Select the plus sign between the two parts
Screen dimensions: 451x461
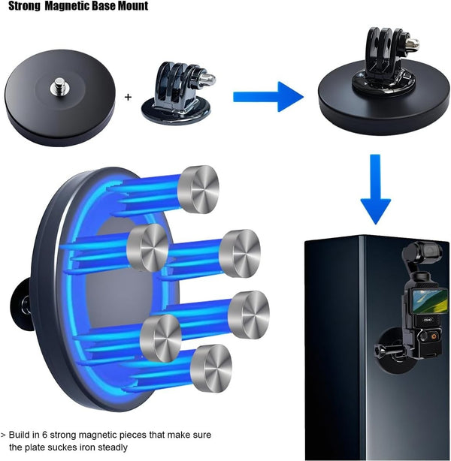coord(128,97)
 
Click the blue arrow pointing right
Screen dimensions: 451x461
coord(268,97)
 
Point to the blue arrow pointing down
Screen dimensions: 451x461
coord(375,189)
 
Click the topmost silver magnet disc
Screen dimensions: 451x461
coord(198,189)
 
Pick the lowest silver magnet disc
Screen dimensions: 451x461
coord(210,369)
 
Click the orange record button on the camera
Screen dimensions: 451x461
coord(434,335)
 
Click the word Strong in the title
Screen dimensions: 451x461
coord(24,6)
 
